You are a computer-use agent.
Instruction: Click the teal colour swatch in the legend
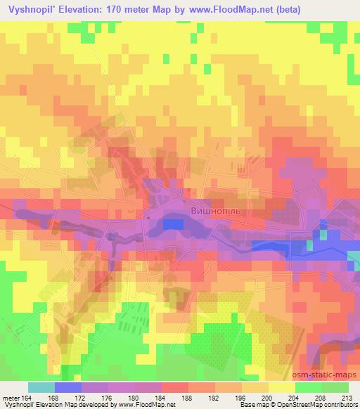[x=41, y=387]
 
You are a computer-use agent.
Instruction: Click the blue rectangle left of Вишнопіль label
[x=174, y=223]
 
